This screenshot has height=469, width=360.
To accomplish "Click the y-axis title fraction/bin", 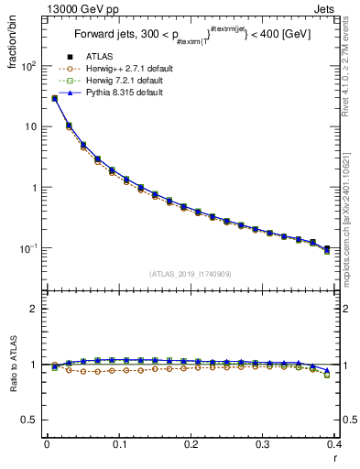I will point(14,44).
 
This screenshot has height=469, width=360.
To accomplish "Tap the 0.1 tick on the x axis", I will point(118,444).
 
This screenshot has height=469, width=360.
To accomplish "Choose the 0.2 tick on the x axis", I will point(191,444).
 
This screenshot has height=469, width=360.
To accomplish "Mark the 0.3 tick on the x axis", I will point(262,444).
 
